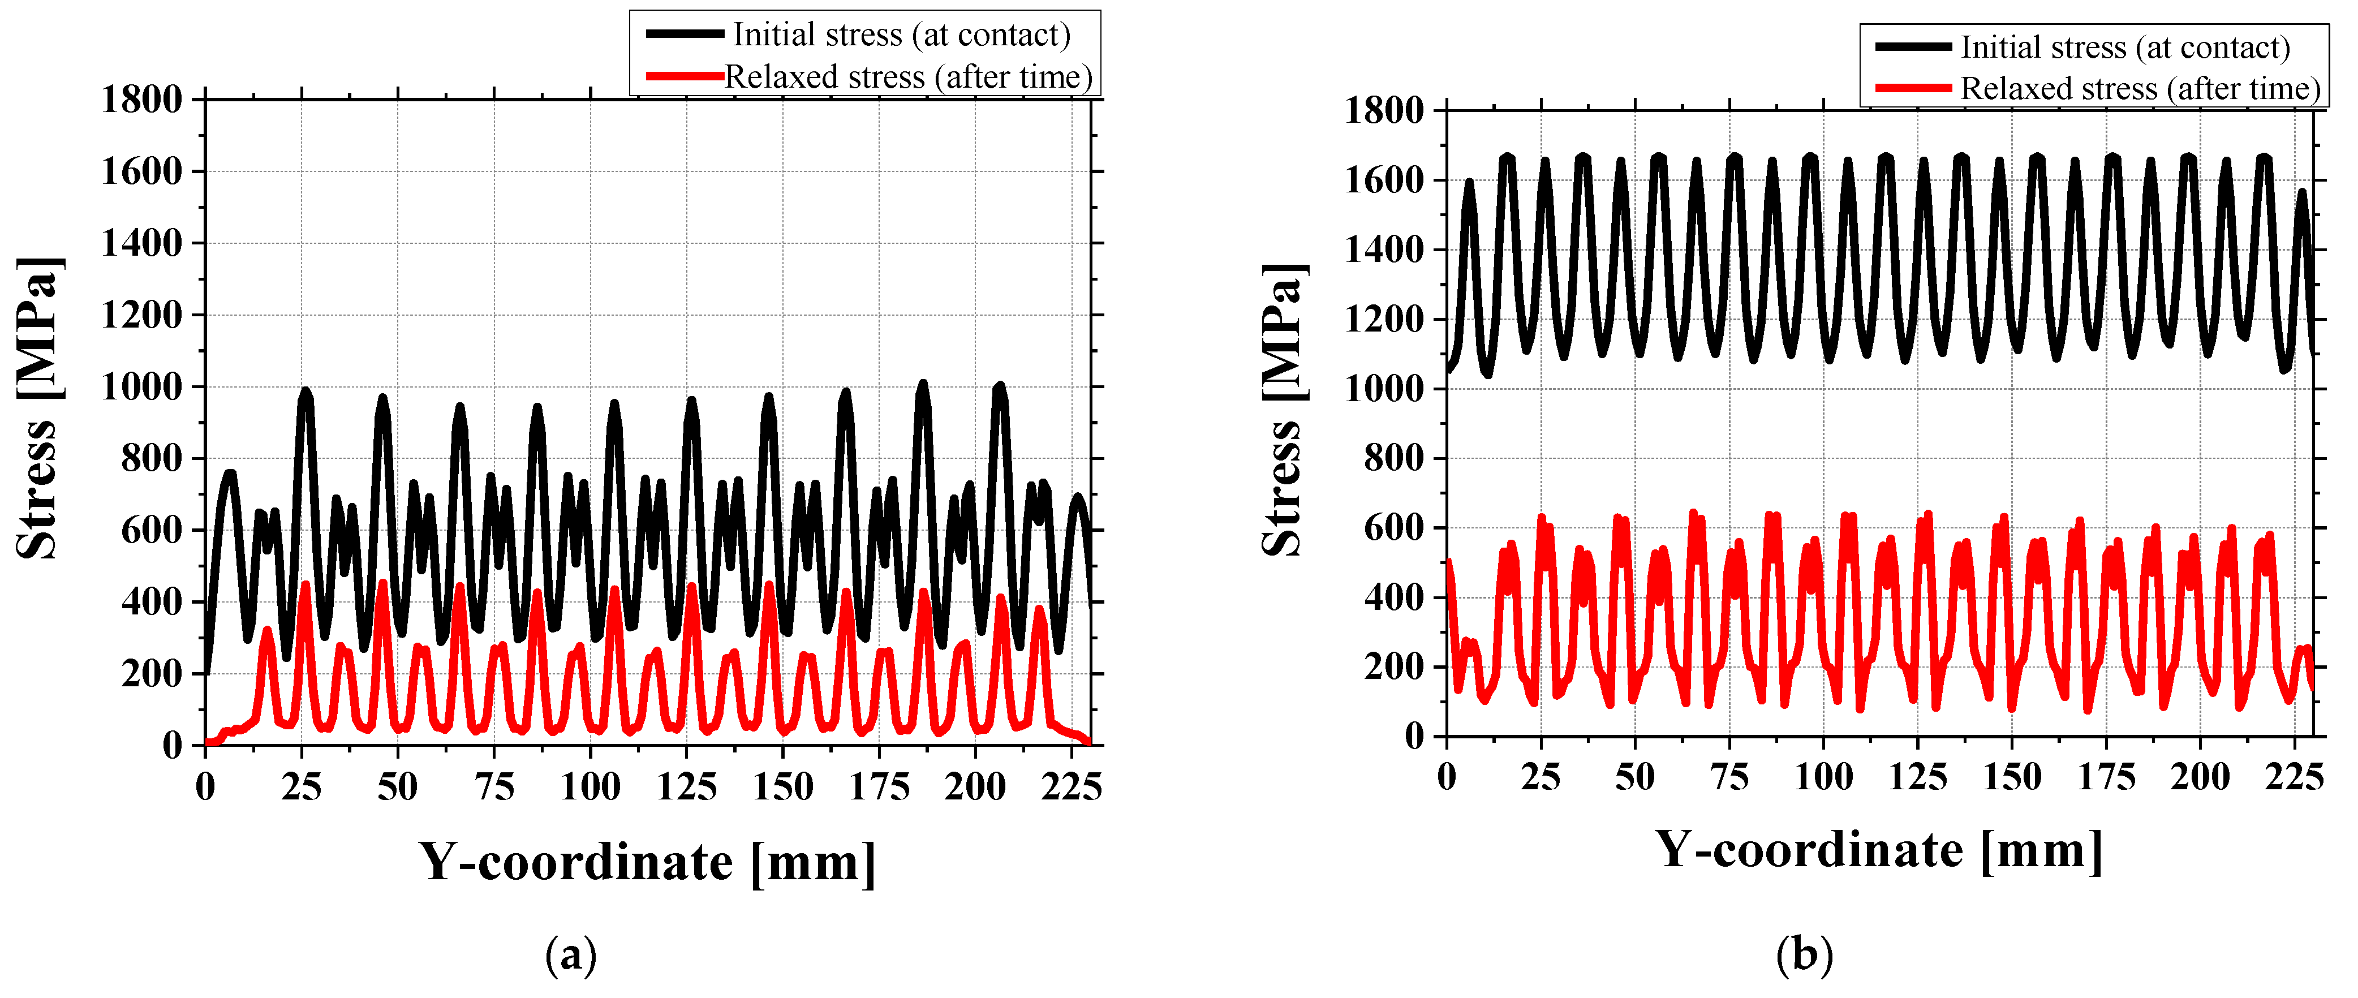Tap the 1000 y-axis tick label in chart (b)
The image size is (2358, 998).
(1384, 389)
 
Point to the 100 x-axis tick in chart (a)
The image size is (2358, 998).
(591, 786)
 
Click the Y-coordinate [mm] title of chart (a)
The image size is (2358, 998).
(647, 862)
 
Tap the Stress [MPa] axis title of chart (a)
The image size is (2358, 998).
(38, 408)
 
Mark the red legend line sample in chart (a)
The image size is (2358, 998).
(685, 76)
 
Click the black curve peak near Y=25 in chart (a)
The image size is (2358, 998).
(305, 392)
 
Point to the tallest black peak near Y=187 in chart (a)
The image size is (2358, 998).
(923, 385)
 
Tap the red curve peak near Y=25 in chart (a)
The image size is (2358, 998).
(305, 584)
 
